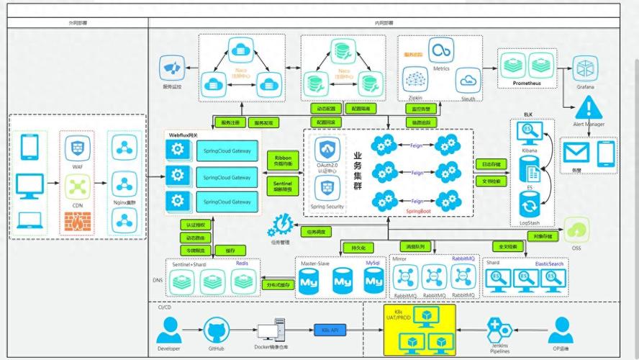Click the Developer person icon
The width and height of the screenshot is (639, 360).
click(168, 331)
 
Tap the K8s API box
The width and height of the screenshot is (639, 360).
click(329, 329)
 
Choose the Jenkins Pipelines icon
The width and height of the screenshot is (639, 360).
click(499, 329)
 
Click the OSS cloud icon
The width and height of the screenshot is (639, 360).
click(576, 230)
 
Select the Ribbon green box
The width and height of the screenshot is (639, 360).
click(282, 160)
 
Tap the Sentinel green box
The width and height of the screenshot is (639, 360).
click(282, 187)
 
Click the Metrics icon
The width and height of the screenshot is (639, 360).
click(440, 51)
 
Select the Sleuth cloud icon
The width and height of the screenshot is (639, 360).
click(468, 81)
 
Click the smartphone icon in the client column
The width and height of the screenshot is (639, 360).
click(30, 147)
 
